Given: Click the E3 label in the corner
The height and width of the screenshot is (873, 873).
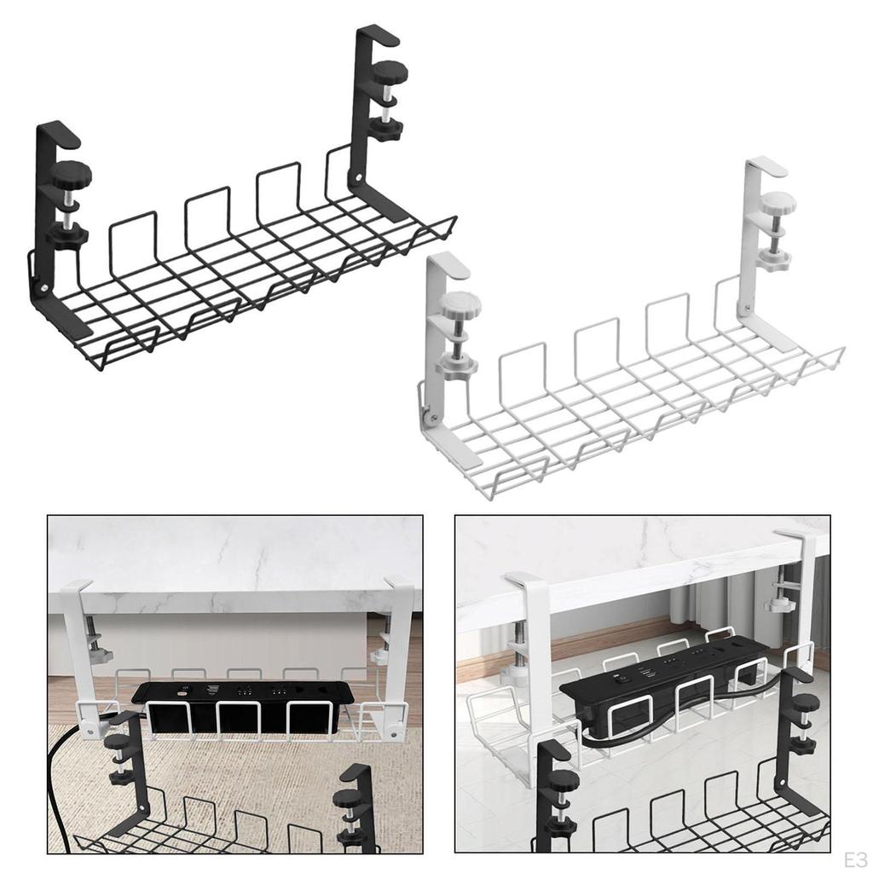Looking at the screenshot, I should click(x=855, y=856).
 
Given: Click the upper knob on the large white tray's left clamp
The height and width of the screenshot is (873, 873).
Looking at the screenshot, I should click(x=461, y=303).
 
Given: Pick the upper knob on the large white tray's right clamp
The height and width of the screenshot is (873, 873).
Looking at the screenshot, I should click(x=778, y=203).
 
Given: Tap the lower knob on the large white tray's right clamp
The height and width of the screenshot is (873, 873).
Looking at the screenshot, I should click(x=774, y=259).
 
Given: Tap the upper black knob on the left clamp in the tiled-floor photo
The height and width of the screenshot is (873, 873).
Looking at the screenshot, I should click(x=564, y=778).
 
